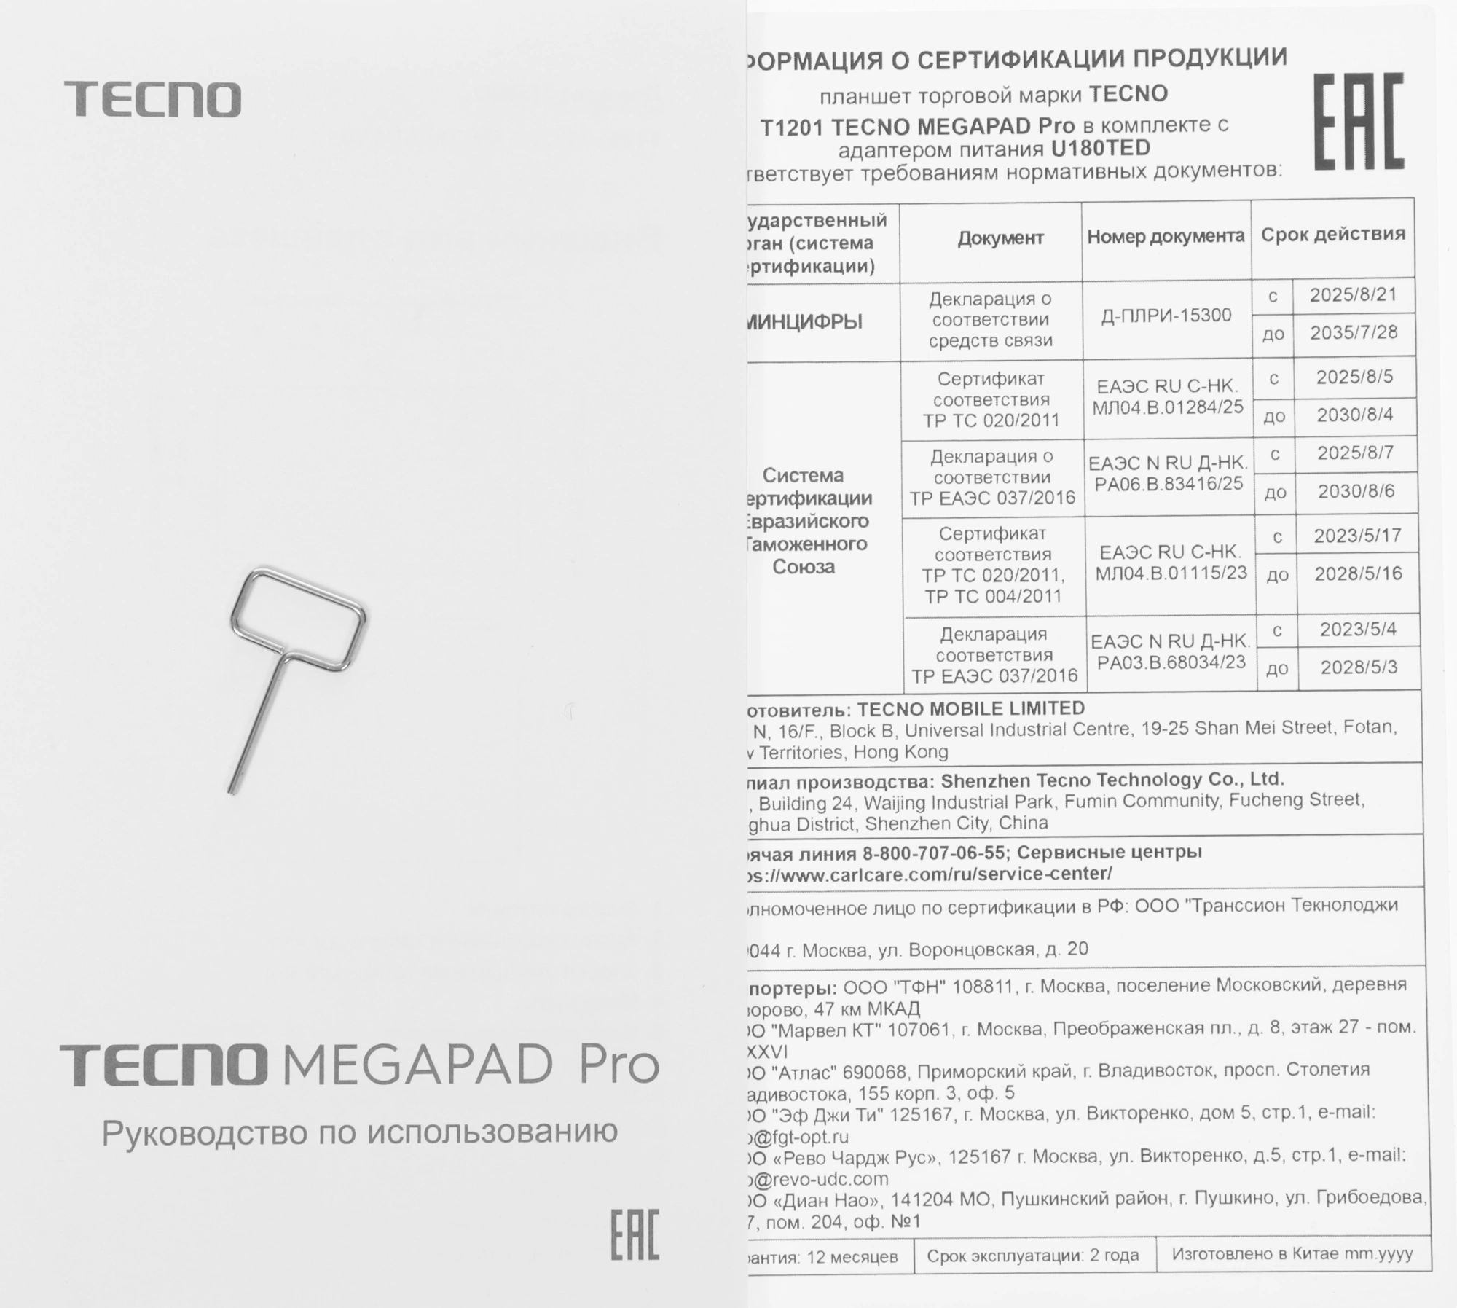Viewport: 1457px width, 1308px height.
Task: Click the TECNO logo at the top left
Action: click(x=152, y=99)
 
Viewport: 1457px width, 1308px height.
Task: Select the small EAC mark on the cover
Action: click(x=635, y=1234)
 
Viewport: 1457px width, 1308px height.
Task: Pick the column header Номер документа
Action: click(x=1166, y=237)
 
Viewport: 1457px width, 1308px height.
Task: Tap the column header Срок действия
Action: click(x=1333, y=235)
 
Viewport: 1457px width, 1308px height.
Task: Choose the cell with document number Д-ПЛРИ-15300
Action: click(x=1166, y=316)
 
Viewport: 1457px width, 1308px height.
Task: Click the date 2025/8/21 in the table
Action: click(x=1354, y=295)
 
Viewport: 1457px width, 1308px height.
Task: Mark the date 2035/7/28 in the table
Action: click(x=1354, y=333)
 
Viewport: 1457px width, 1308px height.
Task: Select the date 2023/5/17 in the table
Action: click(x=1358, y=536)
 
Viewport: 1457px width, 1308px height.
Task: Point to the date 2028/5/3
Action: click(x=1359, y=667)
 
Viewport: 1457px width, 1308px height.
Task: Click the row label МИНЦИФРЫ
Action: click(x=806, y=322)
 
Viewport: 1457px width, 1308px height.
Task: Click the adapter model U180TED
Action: click(x=1100, y=149)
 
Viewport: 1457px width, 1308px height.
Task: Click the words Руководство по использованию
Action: click(x=359, y=1132)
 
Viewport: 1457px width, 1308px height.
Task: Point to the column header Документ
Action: click(x=1000, y=238)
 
